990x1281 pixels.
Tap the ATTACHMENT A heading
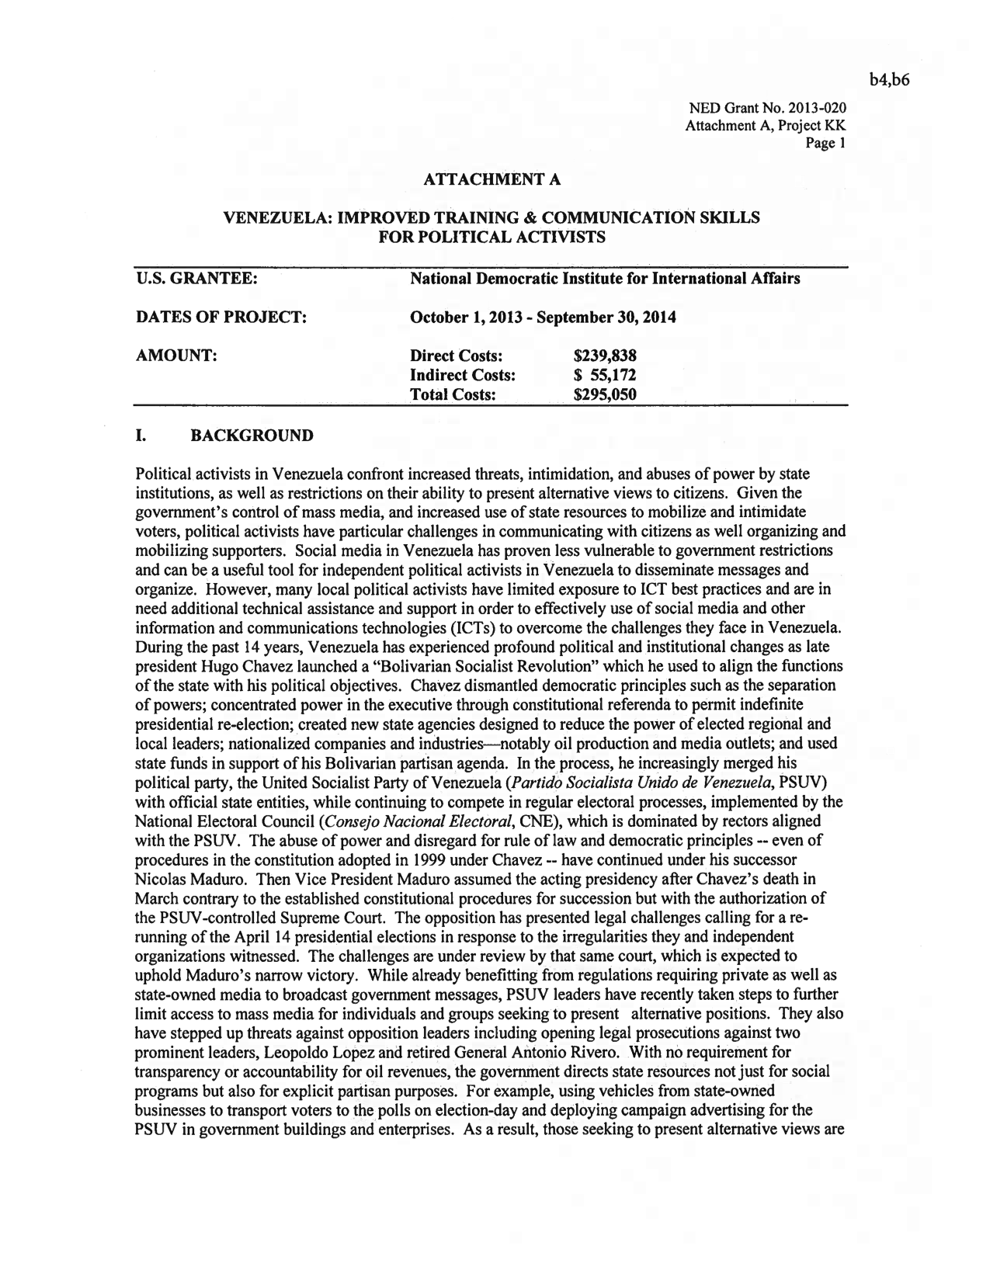[x=492, y=180]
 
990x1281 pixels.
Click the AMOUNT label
[x=175, y=356]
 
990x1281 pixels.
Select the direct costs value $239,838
[x=604, y=356]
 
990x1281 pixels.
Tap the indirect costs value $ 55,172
[x=604, y=375]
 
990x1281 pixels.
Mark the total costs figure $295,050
[x=604, y=394]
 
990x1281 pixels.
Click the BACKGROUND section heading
[x=252, y=435]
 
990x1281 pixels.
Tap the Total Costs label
[x=453, y=394]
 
